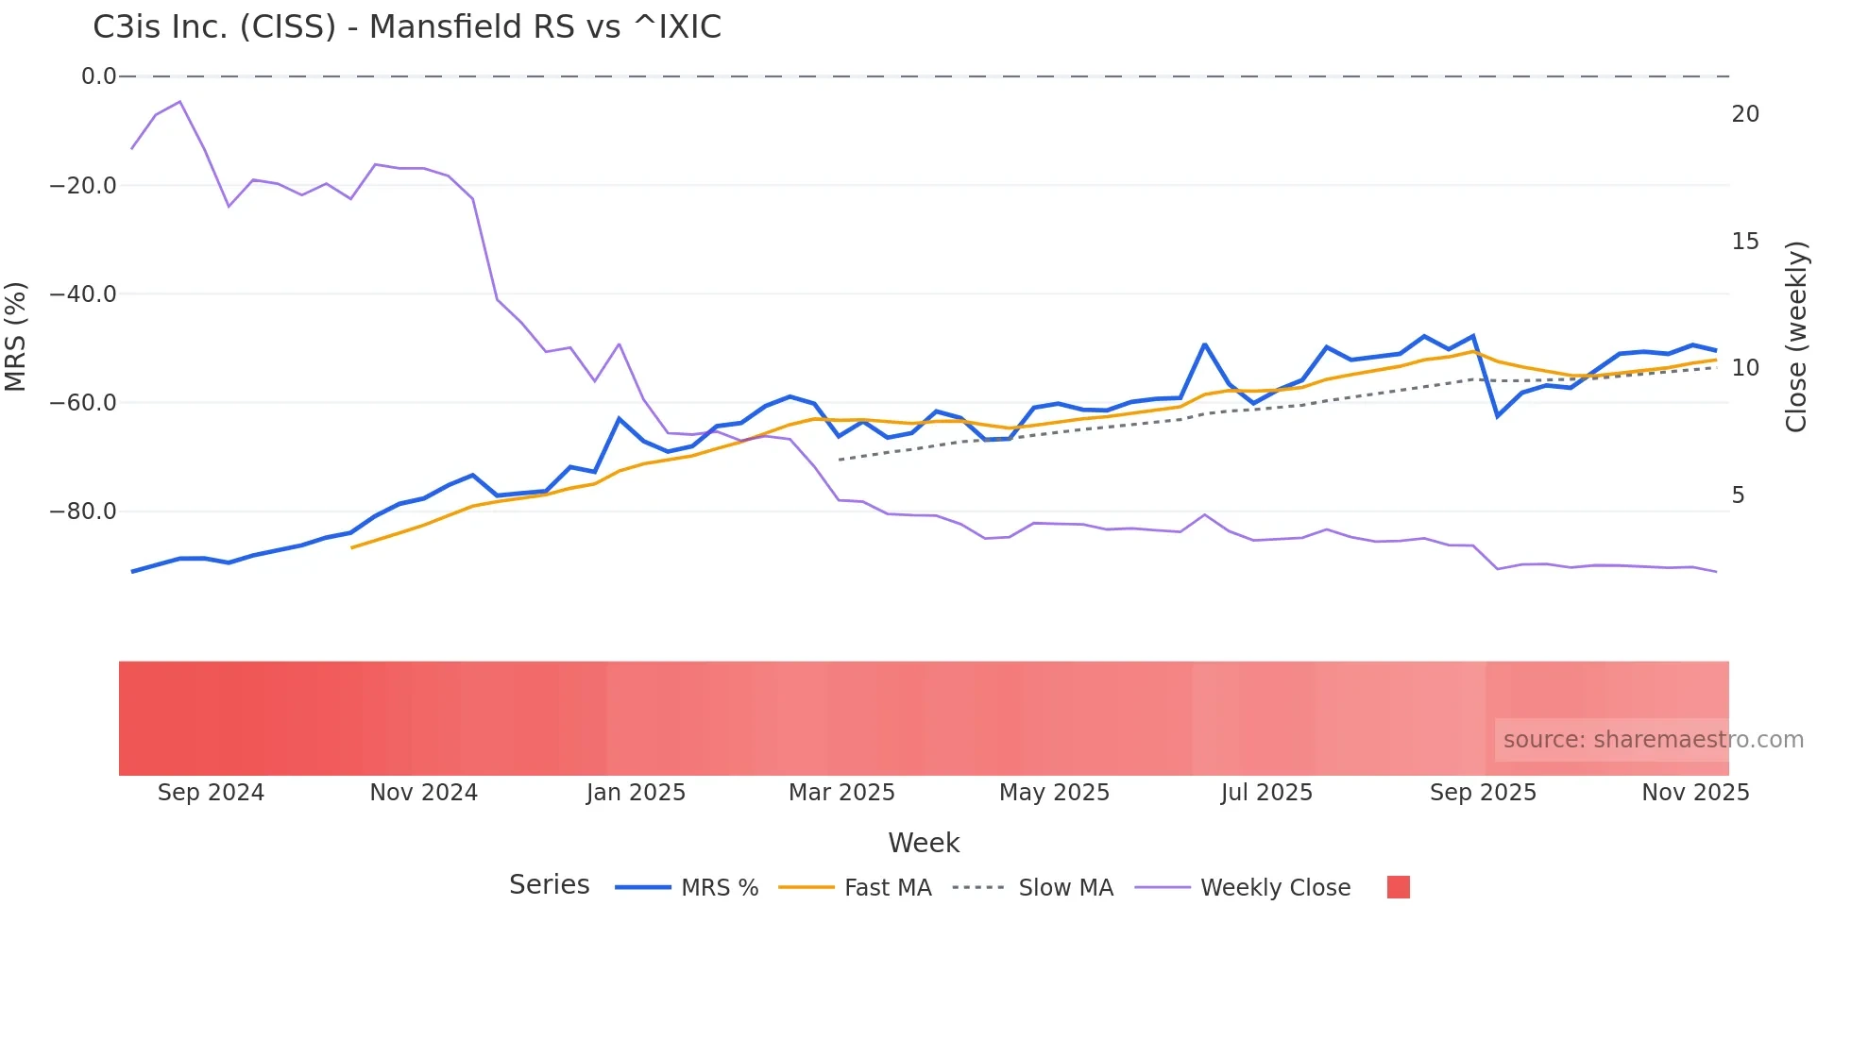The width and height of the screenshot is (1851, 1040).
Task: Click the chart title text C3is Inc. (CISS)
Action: (406, 27)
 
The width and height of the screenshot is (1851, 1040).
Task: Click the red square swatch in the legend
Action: (1398, 887)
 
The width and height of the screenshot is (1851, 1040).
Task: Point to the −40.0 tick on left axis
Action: (83, 294)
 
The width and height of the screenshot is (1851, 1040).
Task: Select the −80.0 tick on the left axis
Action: (83, 512)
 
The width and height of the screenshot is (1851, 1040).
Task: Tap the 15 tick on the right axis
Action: (1745, 242)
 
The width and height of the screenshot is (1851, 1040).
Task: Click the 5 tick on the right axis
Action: (1739, 495)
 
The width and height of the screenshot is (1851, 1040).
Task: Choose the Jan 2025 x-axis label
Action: (636, 793)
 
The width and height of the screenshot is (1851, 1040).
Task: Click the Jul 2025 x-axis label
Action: (1266, 793)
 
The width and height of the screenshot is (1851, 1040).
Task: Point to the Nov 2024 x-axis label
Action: (423, 793)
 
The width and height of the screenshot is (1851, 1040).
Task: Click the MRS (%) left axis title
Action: (15, 337)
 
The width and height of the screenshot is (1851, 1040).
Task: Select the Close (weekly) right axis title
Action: (1796, 337)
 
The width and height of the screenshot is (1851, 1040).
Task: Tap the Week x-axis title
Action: (924, 843)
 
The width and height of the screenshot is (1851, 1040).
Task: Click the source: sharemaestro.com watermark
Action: (1653, 740)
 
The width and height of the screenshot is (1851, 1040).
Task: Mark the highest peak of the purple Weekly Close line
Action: (179, 102)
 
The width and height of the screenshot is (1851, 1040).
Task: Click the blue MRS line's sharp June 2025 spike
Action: (1204, 344)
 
